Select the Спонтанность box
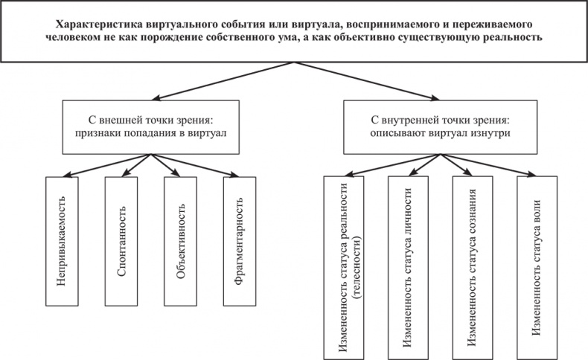pyautogui.click(x=121, y=242)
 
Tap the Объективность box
pyautogui.click(x=179, y=242)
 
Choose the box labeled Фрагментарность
pyautogui.click(x=239, y=242)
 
